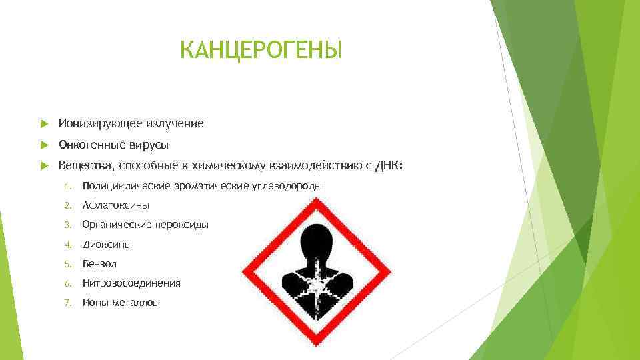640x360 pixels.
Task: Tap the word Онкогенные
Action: pyautogui.click(x=87, y=145)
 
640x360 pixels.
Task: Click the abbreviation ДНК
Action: pyautogui.click(x=389, y=165)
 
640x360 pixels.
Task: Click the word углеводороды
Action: pyautogui.click(x=288, y=186)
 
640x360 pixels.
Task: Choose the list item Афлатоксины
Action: pyautogui.click(x=116, y=205)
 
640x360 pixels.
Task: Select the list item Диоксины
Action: pyautogui.click(x=107, y=245)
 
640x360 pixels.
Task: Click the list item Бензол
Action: pyautogui.click(x=99, y=264)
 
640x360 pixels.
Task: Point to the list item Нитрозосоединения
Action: pyautogui.click(x=131, y=283)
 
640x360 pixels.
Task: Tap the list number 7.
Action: pyautogui.click(x=67, y=303)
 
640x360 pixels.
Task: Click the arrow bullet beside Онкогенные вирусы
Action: pyautogui.click(x=44, y=145)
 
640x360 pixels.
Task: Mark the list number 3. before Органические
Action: pyautogui.click(x=67, y=225)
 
